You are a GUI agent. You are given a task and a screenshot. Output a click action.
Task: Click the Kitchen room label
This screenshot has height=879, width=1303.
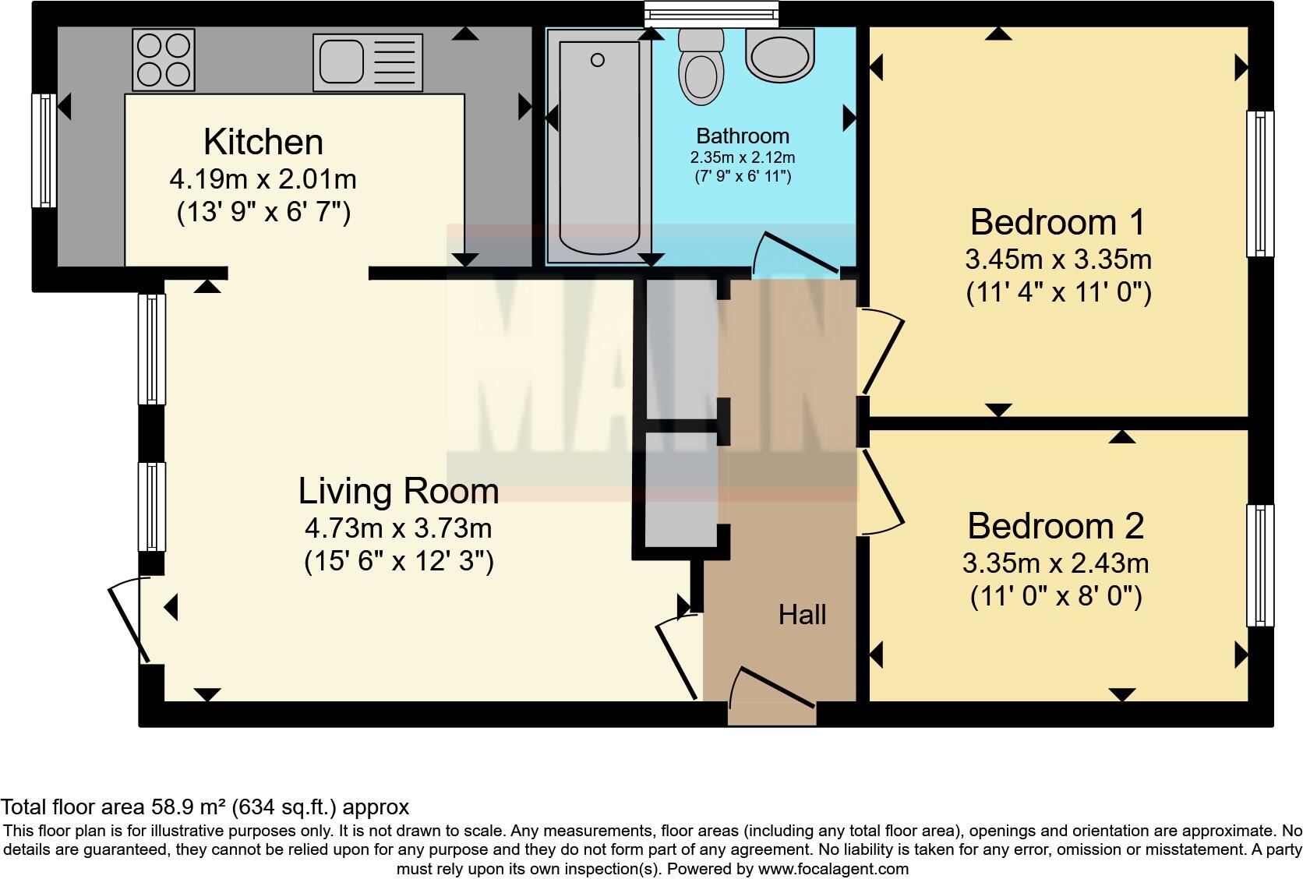tap(263, 142)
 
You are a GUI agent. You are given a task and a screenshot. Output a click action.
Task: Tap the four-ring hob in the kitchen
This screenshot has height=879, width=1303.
tap(164, 60)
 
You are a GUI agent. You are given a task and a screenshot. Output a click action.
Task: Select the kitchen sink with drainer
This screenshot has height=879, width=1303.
tap(368, 62)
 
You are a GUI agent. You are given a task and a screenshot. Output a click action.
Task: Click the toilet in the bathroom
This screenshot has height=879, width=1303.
tap(701, 67)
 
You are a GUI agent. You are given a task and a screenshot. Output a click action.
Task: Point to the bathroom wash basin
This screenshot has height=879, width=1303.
tap(779, 55)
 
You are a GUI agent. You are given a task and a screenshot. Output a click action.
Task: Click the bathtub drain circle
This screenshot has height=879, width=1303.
tap(598, 60)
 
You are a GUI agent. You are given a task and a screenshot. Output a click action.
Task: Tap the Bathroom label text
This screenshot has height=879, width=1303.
tap(743, 136)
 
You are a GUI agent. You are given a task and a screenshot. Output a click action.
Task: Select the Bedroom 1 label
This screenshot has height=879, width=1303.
tap(1058, 223)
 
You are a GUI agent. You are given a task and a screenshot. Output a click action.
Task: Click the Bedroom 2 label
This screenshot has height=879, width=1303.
tap(1056, 527)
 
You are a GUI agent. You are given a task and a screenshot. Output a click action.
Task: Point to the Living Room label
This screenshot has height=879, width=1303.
tap(398, 492)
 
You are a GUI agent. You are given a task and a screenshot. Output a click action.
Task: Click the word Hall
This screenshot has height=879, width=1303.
tap(802, 615)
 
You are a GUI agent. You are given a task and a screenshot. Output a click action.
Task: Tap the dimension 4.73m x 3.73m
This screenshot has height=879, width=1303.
tap(398, 529)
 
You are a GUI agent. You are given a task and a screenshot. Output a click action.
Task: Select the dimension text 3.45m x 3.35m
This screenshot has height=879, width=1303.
tap(1058, 259)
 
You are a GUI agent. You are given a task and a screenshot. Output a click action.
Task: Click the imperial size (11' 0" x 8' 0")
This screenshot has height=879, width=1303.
tap(1056, 597)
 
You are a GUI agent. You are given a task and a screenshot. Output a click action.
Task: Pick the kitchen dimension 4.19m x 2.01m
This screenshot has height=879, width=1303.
tap(263, 179)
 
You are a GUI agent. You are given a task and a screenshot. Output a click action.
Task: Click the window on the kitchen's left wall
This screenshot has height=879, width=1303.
tap(44, 150)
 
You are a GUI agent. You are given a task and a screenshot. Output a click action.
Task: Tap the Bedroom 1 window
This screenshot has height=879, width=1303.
tap(1260, 184)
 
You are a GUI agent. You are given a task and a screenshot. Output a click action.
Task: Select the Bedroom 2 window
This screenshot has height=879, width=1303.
tap(1260, 566)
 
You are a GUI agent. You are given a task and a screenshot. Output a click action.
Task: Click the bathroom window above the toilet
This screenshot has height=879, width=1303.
tap(711, 14)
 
